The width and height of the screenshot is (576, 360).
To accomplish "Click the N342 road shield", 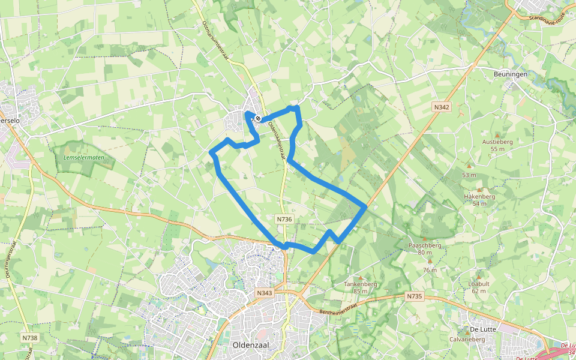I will pos(442,107).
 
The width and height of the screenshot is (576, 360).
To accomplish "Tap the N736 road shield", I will pos(284,220).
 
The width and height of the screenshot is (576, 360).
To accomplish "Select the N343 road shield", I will pos(263,293).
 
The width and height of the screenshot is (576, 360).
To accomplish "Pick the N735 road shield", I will pos(414,296).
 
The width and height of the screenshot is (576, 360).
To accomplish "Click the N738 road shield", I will pos(29,338).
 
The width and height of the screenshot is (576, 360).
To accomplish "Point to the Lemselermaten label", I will pos(83,158).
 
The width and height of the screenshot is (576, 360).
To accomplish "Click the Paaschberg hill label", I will pos(425,245).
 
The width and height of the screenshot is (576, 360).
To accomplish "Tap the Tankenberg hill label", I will pos(360,284).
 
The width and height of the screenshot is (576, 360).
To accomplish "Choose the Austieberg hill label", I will pos(497,142).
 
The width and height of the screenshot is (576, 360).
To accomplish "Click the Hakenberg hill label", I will pos(479,196).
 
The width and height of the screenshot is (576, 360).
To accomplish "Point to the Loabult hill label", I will pos(479,283).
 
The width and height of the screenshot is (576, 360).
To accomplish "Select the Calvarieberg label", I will pos(467,339).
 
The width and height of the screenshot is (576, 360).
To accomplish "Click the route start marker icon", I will pos(257,119).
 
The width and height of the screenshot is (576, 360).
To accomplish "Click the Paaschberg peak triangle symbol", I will pos(424,239).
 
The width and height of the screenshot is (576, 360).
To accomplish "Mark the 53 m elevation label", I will pos(469,175).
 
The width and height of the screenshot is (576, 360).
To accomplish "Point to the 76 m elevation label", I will pos(430,269).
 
